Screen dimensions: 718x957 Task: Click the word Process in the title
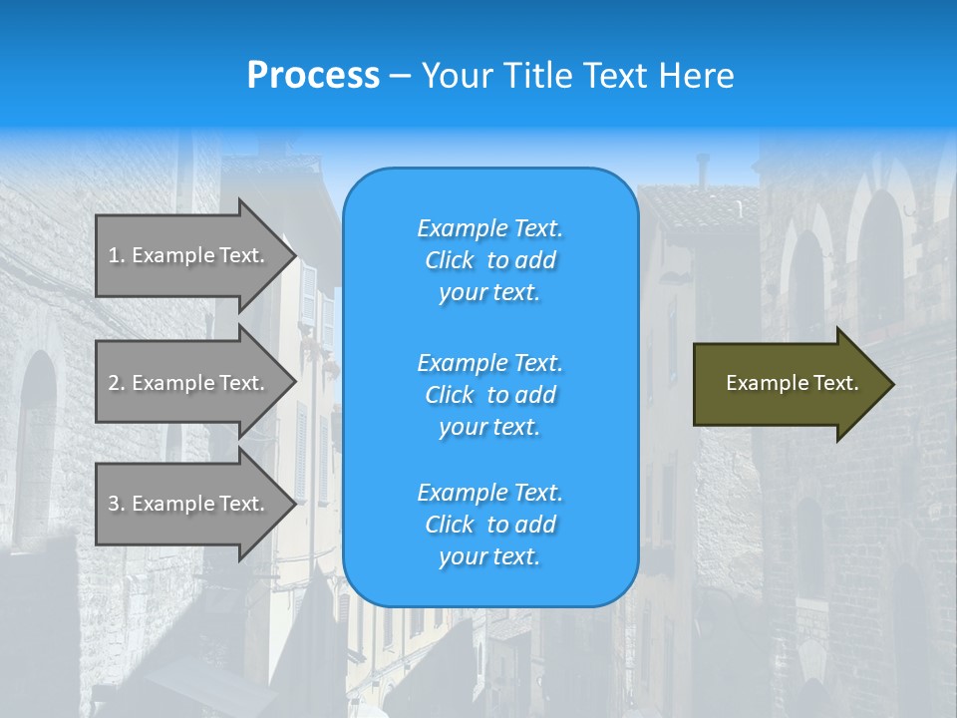coord(313,76)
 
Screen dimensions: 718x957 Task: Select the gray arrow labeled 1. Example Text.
coord(189,255)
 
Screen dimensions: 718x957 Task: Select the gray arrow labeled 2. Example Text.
coord(189,383)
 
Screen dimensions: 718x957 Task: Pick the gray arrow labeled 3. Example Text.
coord(189,504)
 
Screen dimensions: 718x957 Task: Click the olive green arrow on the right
coord(788,384)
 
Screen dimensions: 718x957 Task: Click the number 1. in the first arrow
coord(117,255)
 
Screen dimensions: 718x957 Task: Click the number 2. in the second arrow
coord(117,383)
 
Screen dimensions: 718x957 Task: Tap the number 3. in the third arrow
coord(117,504)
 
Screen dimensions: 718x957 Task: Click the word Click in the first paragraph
coord(450,260)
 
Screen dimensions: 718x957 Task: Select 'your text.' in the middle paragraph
coord(489,427)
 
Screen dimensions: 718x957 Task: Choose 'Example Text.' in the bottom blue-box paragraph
coord(489,493)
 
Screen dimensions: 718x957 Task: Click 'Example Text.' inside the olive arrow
coord(792,383)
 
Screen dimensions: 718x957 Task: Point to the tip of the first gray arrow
coord(295,255)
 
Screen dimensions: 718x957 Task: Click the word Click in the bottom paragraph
coord(450,525)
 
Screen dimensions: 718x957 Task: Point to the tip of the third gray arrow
coord(295,504)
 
